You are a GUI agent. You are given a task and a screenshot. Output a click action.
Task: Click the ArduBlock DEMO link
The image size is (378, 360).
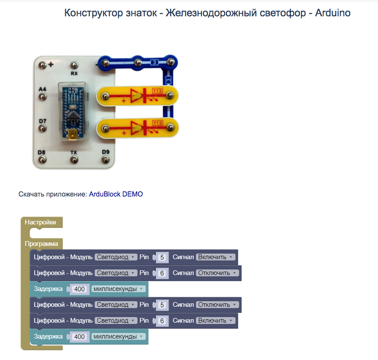[x=116, y=194]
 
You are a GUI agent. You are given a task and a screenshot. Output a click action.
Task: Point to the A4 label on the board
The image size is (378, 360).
[x=42, y=88]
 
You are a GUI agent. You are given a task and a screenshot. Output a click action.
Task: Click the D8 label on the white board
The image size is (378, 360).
[x=42, y=153]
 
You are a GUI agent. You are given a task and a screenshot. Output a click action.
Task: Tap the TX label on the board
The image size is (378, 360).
[x=74, y=153]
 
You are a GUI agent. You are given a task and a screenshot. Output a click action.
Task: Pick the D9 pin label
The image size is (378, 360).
[x=106, y=153]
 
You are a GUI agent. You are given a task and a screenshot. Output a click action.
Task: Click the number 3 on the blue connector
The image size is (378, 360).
[x=155, y=63]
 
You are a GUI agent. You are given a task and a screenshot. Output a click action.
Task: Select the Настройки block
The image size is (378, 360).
[x=40, y=222]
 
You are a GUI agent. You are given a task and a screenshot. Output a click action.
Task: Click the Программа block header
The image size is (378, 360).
[x=41, y=244]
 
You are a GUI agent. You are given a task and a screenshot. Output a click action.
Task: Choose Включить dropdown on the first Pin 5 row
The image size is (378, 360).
[x=215, y=257]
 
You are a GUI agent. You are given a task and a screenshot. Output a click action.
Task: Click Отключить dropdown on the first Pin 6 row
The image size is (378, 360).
[x=217, y=273]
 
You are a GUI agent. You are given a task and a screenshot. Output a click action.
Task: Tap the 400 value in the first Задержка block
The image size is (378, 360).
[x=80, y=289]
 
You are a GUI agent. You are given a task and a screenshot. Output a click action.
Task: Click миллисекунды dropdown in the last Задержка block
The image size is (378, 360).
[x=118, y=337]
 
